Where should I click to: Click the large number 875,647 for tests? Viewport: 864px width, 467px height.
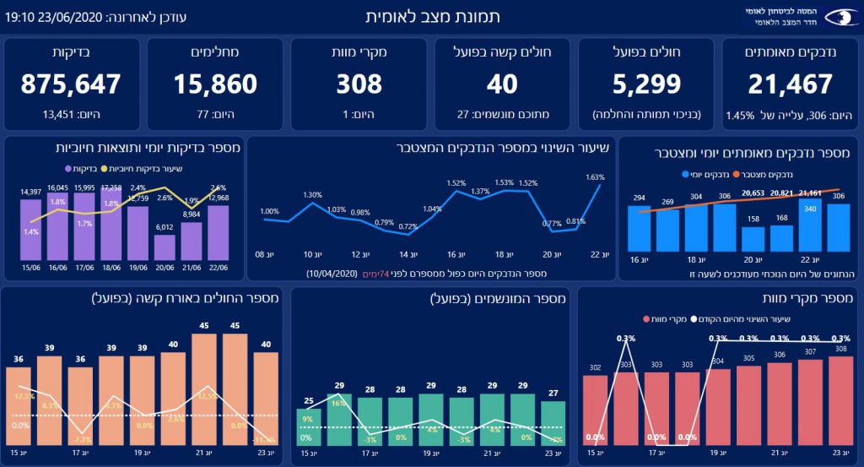tap(71, 84)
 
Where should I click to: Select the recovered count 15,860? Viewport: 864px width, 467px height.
tap(215, 84)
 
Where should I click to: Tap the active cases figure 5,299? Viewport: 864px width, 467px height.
tap(645, 84)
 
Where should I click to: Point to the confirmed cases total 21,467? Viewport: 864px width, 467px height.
tap(790, 84)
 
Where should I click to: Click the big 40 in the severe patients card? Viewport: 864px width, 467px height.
tap(502, 84)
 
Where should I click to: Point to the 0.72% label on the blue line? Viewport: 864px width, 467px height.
tap(408, 226)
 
